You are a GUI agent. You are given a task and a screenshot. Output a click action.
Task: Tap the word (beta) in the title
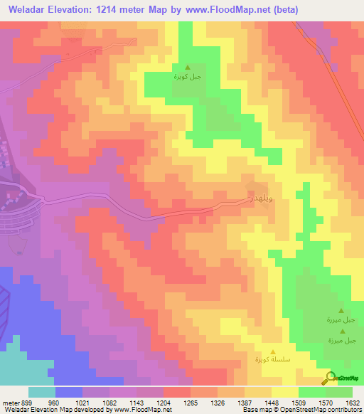[x=282, y=9]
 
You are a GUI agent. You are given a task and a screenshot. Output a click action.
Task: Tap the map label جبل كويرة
[x=188, y=75]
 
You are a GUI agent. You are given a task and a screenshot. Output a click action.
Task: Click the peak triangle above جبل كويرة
[x=188, y=66]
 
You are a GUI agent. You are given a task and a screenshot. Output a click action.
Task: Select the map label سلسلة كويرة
[x=274, y=361]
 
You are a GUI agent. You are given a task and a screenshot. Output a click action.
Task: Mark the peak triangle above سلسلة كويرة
[x=274, y=351]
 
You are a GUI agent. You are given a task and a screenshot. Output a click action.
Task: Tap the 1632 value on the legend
[x=353, y=402]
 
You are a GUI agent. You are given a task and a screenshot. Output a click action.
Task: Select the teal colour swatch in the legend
[x=41, y=392]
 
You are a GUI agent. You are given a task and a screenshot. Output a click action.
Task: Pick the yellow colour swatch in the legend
[x=284, y=392]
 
